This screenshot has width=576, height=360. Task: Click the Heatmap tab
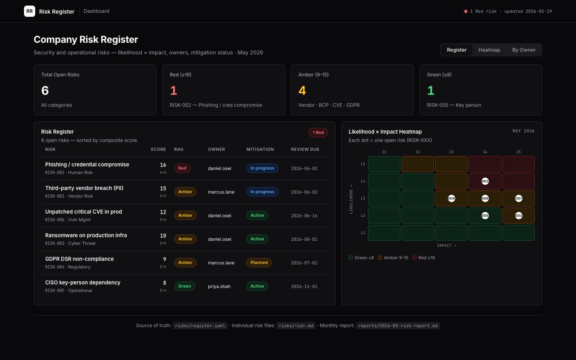click(x=489, y=50)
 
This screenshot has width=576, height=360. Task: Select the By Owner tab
click(x=524, y=50)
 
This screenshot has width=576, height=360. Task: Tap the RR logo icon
click(x=30, y=11)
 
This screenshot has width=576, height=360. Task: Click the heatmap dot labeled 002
click(x=485, y=181)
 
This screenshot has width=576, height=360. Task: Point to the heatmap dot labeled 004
click(x=451, y=198)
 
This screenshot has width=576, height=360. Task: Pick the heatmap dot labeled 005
click(x=485, y=216)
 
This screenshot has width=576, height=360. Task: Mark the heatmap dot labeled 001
click(x=518, y=198)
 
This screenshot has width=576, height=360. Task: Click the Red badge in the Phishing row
click(x=182, y=168)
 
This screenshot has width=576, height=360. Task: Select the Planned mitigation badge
click(x=259, y=262)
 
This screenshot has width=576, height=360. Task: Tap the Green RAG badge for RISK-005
click(x=185, y=286)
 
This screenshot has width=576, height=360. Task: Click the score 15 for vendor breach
click(x=163, y=188)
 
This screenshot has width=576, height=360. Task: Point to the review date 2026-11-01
click(x=304, y=286)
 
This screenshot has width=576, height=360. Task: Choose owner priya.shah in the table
click(x=219, y=286)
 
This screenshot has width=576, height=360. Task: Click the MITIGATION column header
click(x=260, y=150)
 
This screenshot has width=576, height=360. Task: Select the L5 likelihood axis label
click(x=362, y=164)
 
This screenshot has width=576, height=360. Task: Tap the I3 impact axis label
click(x=451, y=152)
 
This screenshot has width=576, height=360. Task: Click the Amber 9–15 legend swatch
click(x=380, y=258)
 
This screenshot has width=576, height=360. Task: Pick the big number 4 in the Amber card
click(x=302, y=90)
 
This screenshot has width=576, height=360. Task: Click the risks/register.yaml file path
click(x=200, y=326)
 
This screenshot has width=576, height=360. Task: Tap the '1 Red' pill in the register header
click(x=318, y=133)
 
